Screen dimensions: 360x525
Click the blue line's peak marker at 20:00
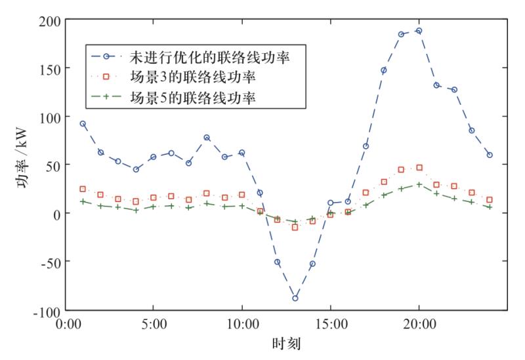419,31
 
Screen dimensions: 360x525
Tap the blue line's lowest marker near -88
295,298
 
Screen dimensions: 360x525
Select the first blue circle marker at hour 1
83,123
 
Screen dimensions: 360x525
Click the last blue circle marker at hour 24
490,155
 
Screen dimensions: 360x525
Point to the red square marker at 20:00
419,168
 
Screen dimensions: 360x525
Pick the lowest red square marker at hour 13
295,228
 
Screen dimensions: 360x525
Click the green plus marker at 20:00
419,184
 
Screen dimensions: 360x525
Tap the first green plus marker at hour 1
83,201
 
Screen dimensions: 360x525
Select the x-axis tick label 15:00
330,324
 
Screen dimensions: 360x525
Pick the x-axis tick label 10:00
241,324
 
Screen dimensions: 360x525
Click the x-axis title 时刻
286,344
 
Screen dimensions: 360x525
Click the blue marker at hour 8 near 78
207,138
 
